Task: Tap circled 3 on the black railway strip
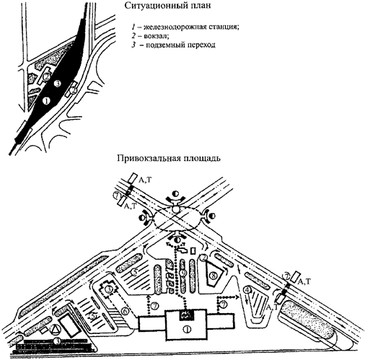click(56, 84)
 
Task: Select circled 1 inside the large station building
click(187, 330)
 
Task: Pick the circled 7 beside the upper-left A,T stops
click(116, 196)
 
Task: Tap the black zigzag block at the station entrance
click(185, 315)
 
